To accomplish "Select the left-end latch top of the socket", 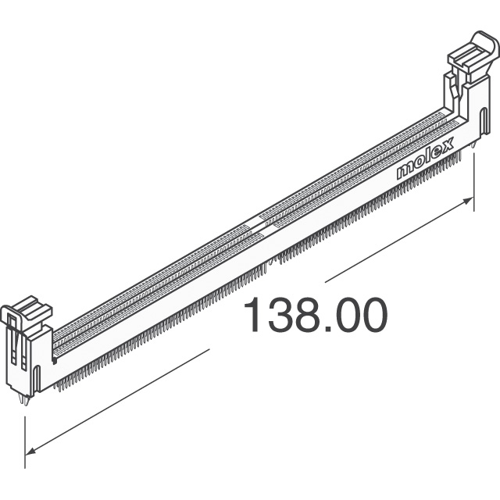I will coord(26,310).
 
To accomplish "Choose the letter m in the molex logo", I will coord(404,171).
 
